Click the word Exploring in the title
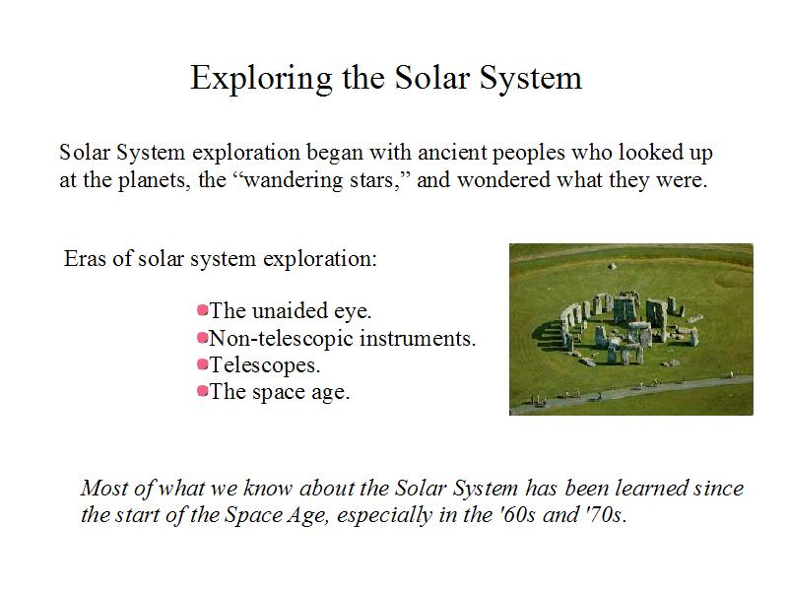pos(261,79)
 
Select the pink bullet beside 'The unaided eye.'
pos(203,310)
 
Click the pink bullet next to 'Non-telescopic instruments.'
pos(203,337)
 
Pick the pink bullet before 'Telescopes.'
pos(203,363)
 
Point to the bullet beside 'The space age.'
pos(203,390)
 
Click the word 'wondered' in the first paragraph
pos(503,180)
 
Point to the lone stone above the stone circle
pos(612,266)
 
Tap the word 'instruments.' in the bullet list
pos(418,338)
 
